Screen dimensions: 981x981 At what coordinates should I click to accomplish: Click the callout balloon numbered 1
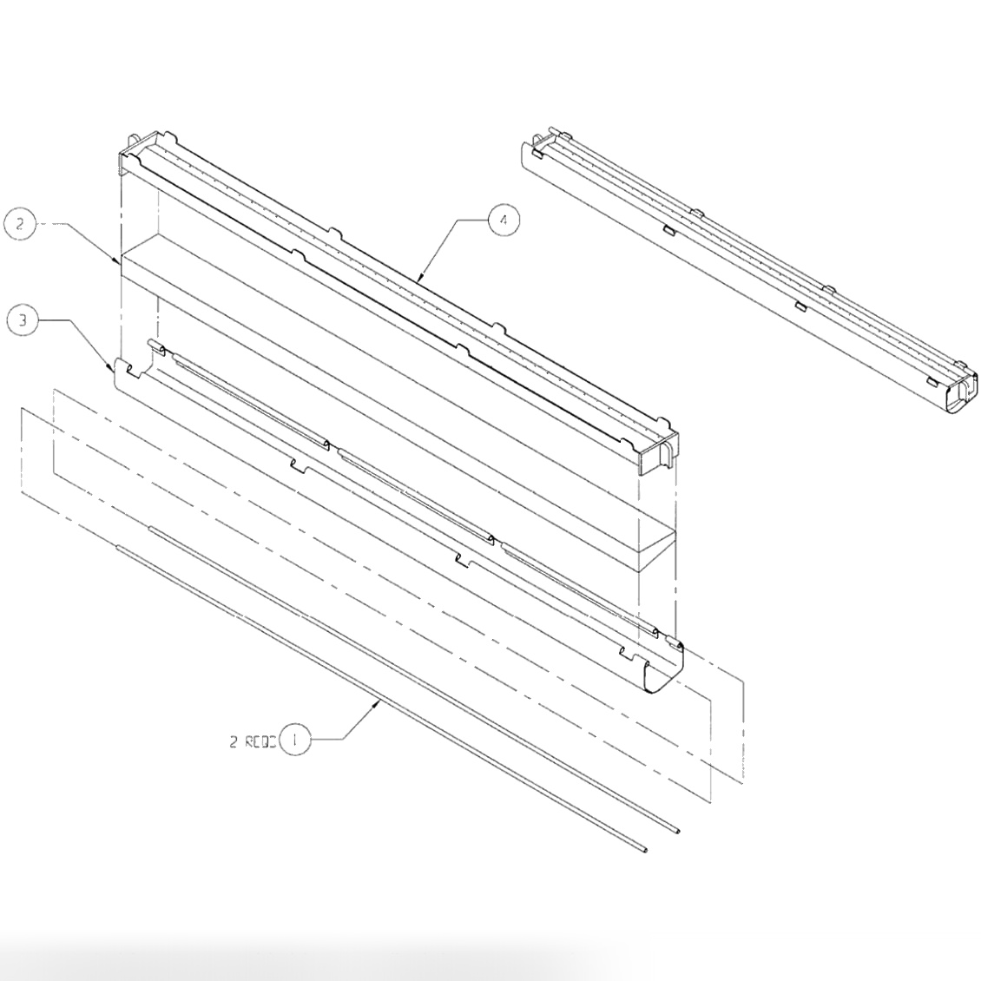[296, 741]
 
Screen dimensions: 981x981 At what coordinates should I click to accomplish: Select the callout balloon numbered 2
[20, 224]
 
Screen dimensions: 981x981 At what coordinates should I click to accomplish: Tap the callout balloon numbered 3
[23, 320]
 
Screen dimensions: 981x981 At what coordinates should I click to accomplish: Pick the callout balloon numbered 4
[504, 221]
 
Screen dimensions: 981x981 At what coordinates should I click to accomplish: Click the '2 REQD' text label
[252, 741]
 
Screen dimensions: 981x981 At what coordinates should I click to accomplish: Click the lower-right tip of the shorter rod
[676, 831]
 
